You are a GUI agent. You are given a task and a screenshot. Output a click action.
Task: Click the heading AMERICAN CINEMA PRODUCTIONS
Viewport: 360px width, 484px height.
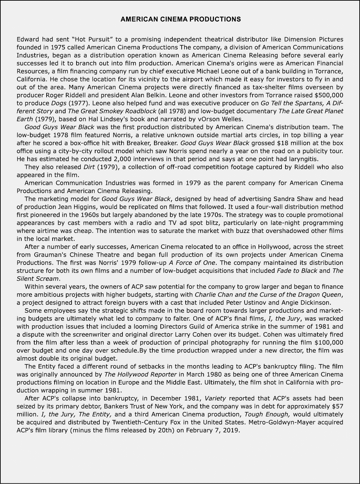coord(180,19)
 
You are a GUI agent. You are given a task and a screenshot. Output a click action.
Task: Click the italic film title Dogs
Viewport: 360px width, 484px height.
coord(59,103)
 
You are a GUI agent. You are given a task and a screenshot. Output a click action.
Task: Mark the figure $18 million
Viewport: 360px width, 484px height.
coord(294,143)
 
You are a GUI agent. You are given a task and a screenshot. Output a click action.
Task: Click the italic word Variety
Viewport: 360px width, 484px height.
coord(215,398)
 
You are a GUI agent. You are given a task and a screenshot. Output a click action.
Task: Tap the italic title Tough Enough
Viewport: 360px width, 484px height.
coord(267,414)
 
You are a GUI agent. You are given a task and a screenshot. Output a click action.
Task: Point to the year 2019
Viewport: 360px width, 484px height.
coord(231,430)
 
